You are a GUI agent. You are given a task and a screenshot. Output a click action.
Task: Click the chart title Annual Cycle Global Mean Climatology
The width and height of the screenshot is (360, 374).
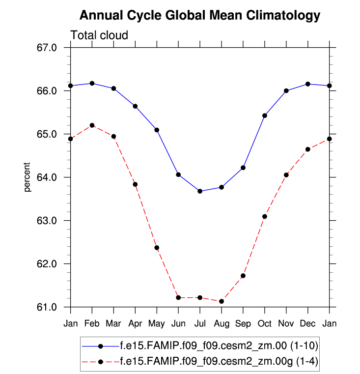[x=199, y=16]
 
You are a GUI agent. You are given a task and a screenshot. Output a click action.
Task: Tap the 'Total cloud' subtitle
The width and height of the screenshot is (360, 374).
[x=99, y=35]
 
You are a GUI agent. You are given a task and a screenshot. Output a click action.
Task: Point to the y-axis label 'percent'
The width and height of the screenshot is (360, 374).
[x=28, y=177]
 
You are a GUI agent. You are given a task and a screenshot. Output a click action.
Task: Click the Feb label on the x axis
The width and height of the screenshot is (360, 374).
[x=92, y=323]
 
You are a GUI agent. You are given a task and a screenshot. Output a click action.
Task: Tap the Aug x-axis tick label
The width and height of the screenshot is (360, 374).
[x=222, y=323]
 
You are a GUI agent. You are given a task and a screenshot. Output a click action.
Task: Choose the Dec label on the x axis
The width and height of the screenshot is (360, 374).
[x=308, y=323]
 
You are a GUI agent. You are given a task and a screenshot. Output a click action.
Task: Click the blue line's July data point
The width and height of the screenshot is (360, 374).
[x=200, y=191]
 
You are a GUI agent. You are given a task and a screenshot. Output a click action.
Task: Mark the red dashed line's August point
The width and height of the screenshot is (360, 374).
[x=222, y=301]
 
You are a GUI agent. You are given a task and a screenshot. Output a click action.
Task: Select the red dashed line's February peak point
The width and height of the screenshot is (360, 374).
[x=92, y=125]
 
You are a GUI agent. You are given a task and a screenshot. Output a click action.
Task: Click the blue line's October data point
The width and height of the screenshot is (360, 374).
[x=265, y=115]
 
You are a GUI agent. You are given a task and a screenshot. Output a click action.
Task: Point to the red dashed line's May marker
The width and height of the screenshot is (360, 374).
[x=157, y=248]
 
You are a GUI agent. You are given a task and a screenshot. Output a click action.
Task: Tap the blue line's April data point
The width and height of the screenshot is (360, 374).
[x=135, y=106]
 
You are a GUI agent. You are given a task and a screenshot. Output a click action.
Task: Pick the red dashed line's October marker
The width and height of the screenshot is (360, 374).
[x=265, y=216]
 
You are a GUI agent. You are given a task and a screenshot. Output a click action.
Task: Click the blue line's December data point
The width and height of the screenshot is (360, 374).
[x=308, y=84]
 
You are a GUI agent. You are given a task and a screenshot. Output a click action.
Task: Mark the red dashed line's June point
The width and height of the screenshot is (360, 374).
[x=178, y=298]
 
